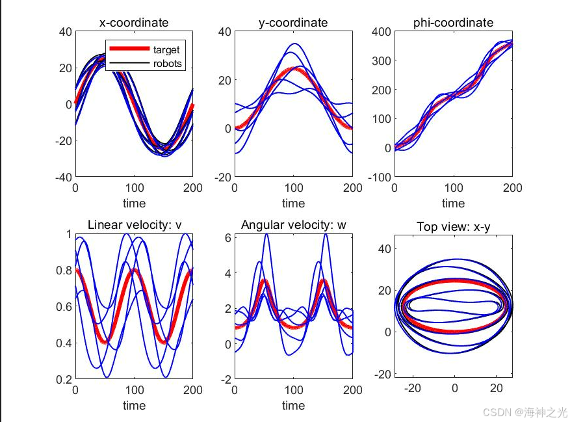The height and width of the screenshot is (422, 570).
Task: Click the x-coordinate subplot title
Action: click(x=133, y=23)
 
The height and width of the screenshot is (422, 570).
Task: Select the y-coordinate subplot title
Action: click(x=293, y=23)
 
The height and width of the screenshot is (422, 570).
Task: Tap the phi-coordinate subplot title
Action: click(x=453, y=23)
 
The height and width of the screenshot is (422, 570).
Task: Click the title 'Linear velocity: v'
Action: click(x=134, y=225)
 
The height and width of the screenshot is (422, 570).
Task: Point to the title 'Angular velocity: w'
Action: click(x=293, y=225)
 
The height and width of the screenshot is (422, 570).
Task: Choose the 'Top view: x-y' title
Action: click(x=454, y=226)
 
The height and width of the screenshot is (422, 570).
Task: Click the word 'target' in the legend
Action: click(x=166, y=50)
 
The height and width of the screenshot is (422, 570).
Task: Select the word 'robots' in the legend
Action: click(x=168, y=64)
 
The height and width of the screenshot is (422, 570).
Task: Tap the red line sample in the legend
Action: click(x=129, y=49)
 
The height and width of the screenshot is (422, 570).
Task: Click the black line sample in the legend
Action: click(x=129, y=64)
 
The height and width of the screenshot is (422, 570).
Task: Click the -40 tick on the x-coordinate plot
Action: click(x=62, y=176)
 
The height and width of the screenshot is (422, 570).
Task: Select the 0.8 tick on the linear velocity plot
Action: click(x=64, y=270)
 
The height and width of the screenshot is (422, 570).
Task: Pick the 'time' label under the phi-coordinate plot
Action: click(x=453, y=204)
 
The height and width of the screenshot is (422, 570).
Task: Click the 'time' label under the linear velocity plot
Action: click(x=134, y=405)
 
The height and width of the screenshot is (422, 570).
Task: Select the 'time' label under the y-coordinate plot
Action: click(x=293, y=204)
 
